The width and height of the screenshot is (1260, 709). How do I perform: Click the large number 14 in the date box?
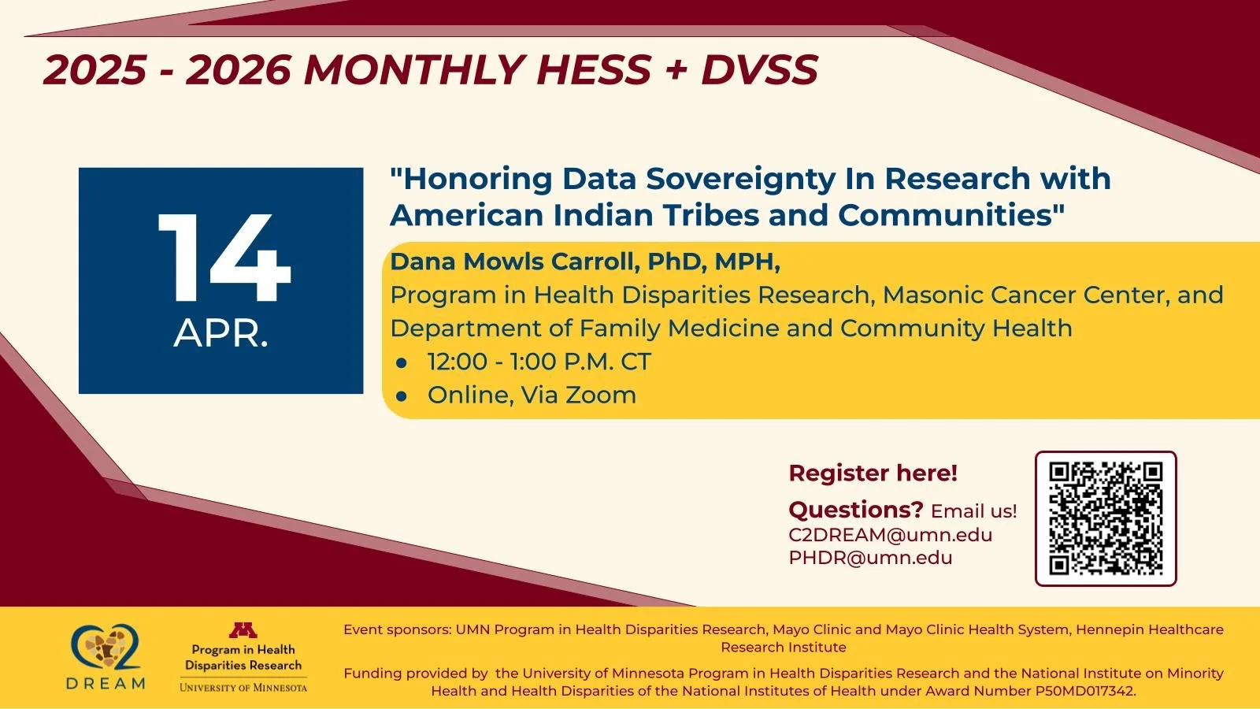pyautogui.click(x=224, y=258)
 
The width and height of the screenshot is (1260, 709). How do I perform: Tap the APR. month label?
pyautogui.click(x=220, y=334)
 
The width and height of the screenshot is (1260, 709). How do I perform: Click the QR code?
pyautogui.click(x=1106, y=518)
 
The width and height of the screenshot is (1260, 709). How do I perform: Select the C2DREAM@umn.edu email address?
pyautogui.click(x=890, y=535)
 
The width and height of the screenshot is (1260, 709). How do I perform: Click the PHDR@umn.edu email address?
pyautogui.click(x=870, y=558)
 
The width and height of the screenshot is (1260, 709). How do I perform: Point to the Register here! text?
pyautogui.click(x=873, y=473)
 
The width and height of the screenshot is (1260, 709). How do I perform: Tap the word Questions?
pyautogui.click(x=855, y=510)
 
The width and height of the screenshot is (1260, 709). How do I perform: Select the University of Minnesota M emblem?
pyautogui.click(x=243, y=630)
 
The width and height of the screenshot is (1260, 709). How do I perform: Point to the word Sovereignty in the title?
pyautogui.click(x=740, y=179)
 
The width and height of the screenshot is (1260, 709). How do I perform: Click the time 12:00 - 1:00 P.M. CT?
pyautogui.click(x=539, y=362)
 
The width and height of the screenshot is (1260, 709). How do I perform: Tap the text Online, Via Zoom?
pyautogui.click(x=532, y=395)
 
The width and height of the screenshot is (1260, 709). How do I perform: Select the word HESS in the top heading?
pyautogui.click(x=594, y=70)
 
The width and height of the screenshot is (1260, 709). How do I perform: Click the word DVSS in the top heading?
pyautogui.click(x=759, y=70)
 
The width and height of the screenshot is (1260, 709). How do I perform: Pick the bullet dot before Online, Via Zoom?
pyautogui.click(x=402, y=395)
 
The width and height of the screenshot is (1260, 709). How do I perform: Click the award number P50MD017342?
pyautogui.click(x=1086, y=691)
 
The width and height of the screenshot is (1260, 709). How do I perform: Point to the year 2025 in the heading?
pyautogui.click(x=94, y=70)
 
